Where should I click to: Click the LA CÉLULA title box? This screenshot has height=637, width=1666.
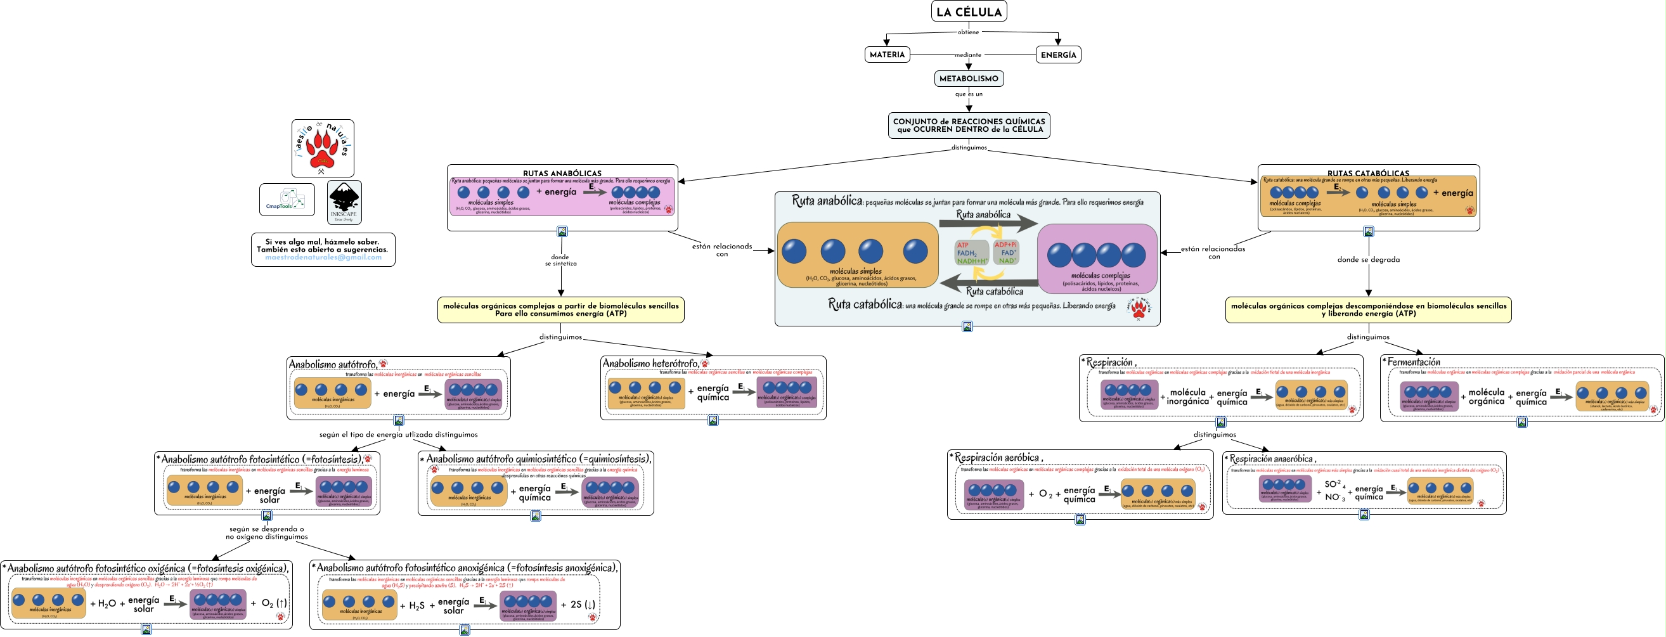tap(968, 11)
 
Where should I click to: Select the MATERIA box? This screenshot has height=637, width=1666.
tap(887, 55)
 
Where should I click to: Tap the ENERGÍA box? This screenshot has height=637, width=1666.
tap(1058, 55)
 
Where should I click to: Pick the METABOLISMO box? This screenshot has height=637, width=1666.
tap(968, 79)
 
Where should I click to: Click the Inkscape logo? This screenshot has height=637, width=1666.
tap(344, 202)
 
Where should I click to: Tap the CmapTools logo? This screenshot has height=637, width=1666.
tap(287, 200)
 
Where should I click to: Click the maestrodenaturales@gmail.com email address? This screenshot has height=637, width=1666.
tap(323, 257)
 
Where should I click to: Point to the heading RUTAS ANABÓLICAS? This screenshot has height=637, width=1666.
tap(562, 173)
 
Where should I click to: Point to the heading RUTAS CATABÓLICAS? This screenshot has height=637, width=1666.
tap(1368, 173)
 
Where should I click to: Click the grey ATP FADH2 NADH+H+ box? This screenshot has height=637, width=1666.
tap(971, 253)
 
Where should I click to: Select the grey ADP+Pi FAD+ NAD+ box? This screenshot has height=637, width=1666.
tap(1005, 253)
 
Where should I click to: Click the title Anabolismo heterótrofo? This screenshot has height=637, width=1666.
tap(650, 363)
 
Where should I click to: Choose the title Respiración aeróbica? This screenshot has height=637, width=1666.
tap(997, 458)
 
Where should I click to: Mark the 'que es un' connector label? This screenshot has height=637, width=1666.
tap(968, 94)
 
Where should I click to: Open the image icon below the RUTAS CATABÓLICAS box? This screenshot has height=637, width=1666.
tap(1368, 231)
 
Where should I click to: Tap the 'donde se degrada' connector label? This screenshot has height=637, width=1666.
tap(1368, 260)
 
